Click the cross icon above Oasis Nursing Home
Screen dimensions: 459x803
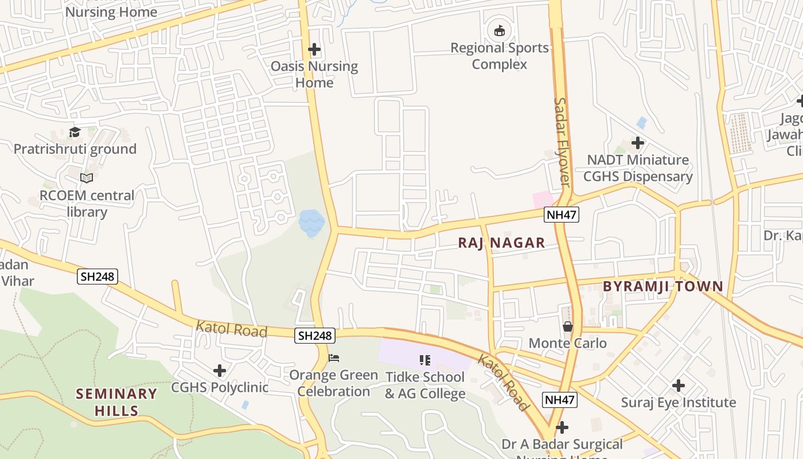click(x=314, y=49)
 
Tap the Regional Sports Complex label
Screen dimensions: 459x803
click(x=500, y=56)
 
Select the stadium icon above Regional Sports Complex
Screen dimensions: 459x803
click(x=499, y=30)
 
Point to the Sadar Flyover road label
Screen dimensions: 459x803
click(x=562, y=142)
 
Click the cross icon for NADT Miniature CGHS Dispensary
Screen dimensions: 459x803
click(x=638, y=142)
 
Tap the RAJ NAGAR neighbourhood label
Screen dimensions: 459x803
click(x=501, y=243)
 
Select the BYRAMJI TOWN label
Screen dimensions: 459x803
click(x=662, y=286)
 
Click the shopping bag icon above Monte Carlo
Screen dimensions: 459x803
click(x=568, y=326)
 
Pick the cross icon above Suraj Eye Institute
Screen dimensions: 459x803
click(x=679, y=385)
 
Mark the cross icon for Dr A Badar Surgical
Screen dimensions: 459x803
click(x=562, y=427)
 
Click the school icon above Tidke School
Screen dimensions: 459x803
click(x=425, y=360)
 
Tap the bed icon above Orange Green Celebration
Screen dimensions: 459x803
click(x=334, y=358)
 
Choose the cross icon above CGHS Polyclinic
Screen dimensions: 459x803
click(x=220, y=371)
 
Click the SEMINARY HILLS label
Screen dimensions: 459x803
click(x=116, y=402)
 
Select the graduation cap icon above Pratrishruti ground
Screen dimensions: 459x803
click(x=75, y=133)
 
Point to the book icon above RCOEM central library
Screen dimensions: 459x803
click(x=87, y=178)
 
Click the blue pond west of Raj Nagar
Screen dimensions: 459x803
click(x=311, y=223)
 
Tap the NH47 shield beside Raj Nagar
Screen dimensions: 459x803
click(x=562, y=215)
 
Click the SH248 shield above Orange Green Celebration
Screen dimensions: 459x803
click(x=315, y=336)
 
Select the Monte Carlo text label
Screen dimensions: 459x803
click(x=567, y=343)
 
